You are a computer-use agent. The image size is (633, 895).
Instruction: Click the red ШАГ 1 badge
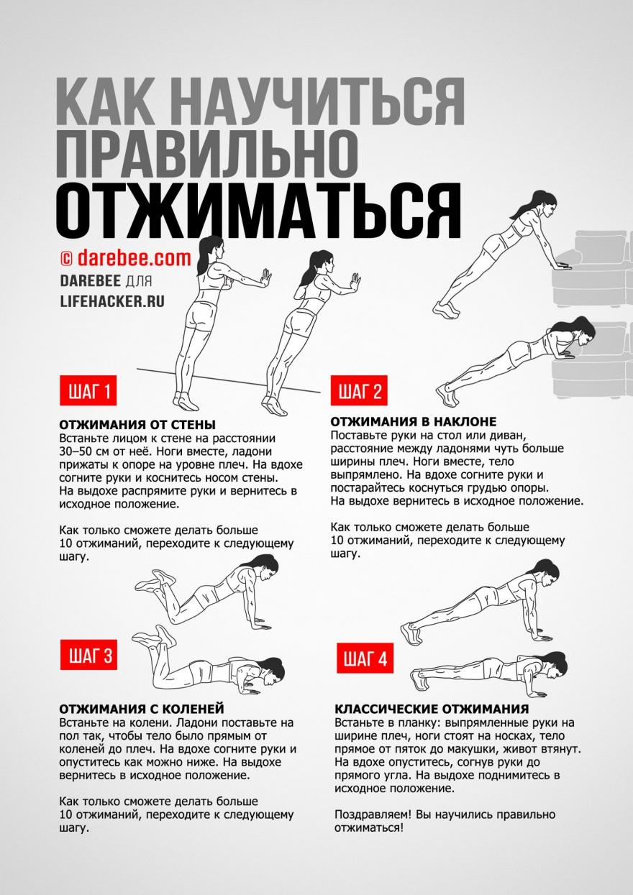pos(88,393)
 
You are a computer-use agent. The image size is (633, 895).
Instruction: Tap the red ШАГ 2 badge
pos(360,392)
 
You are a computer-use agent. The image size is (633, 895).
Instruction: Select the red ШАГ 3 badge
pos(89,656)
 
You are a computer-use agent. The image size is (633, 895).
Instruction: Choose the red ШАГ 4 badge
pos(365,659)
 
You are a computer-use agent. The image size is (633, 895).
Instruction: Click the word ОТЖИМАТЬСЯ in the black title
pos(258,208)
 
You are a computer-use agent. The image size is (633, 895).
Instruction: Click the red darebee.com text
pos(134,258)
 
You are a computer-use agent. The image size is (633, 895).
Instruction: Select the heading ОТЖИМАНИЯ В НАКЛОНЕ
pos(414,421)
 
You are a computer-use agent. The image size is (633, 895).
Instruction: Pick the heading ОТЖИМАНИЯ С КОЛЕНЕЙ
pos(142,708)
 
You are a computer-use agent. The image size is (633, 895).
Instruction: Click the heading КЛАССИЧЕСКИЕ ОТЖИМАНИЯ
pos(432,709)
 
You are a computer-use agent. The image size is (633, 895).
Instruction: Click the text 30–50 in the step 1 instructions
pos(78,451)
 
